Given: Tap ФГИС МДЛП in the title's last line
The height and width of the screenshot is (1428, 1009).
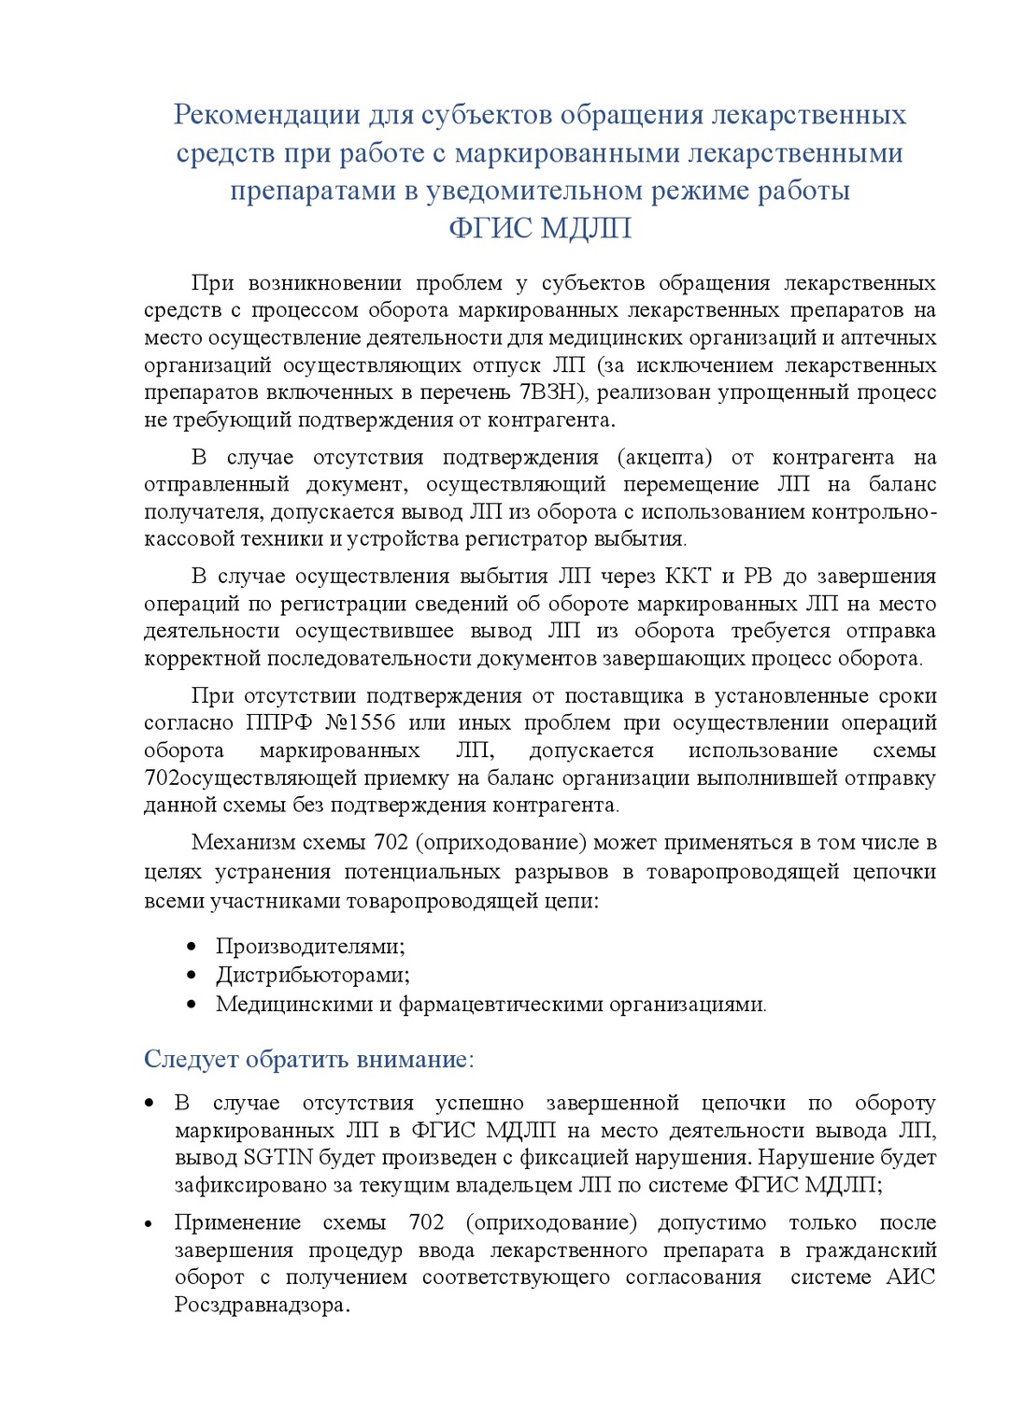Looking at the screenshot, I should [x=540, y=228].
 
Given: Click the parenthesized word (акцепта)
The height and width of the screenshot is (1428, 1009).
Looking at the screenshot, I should [x=664, y=457].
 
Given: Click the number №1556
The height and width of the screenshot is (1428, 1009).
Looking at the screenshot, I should [x=361, y=722].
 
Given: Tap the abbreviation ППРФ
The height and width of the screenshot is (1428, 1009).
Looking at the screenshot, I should [x=278, y=722].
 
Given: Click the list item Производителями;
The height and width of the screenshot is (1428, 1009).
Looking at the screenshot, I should [x=310, y=946].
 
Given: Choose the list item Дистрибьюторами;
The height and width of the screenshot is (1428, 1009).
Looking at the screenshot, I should [x=313, y=975].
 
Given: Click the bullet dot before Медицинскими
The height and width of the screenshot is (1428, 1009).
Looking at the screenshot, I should [x=192, y=1005].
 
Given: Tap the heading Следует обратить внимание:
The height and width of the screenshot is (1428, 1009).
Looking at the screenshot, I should [x=309, y=1059].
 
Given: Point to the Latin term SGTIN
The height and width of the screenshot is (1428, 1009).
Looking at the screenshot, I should [x=278, y=1157].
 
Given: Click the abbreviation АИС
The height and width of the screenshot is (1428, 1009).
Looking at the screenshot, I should [x=910, y=1278].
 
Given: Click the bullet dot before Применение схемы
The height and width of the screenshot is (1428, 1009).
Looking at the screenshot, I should [x=149, y=1224].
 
